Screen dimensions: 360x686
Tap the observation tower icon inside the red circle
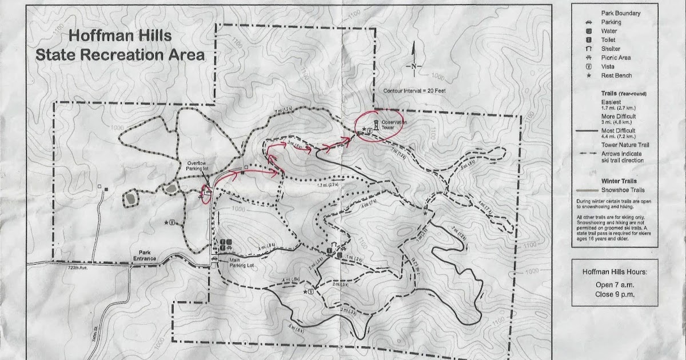[376, 125]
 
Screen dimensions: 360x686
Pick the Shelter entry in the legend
[611, 49]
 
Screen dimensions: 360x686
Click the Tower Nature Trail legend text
[624, 145]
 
